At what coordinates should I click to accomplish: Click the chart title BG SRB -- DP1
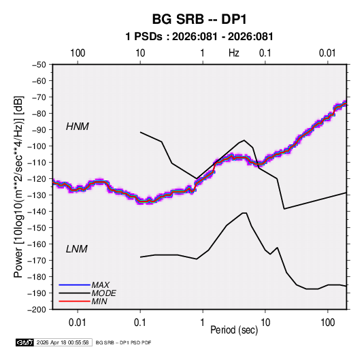(x=199, y=19)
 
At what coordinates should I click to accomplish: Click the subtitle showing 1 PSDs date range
(x=199, y=37)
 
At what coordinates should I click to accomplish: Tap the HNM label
(x=78, y=127)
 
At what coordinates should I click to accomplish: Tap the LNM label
(x=77, y=249)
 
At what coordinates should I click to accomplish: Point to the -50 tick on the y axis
(x=39, y=65)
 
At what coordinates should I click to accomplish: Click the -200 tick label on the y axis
(x=37, y=310)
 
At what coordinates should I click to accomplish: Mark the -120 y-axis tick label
(x=37, y=179)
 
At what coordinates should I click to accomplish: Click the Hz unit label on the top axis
(x=234, y=53)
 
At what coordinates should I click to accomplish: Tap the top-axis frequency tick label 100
(x=78, y=53)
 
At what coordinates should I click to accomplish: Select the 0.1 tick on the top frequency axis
(x=265, y=53)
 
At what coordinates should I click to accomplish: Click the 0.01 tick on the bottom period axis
(x=78, y=323)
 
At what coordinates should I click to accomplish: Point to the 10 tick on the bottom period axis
(x=265, y=323)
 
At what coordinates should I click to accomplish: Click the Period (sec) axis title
(x=234, y=330)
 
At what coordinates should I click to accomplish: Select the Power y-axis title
(x=18, y=186)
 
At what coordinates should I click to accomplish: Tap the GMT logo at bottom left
(x=24, y=342)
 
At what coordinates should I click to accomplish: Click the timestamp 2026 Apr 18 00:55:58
(x=63, y=342)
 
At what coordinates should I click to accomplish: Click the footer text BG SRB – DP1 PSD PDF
(x=124, y=342)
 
